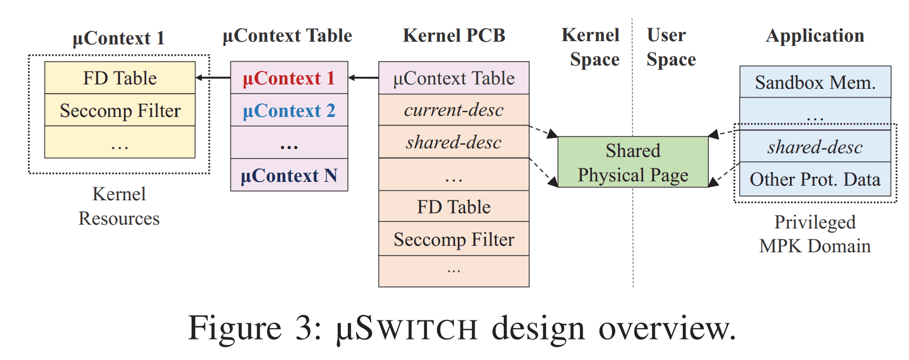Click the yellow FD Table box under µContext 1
120,77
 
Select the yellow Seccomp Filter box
120,110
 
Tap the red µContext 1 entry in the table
289,77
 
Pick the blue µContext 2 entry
289,110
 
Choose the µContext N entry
289,175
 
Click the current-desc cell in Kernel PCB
453,109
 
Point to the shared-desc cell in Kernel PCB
453,142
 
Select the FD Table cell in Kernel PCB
453,206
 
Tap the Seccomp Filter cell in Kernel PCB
453,239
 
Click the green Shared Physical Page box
633,162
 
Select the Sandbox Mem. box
815,82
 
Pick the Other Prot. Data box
815,179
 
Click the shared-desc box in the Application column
815,147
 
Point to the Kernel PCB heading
453,35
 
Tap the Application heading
815,36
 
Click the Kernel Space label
591,47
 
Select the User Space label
671,47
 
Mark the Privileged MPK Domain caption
815,234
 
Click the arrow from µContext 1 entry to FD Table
213,77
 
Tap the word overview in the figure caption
667,329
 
